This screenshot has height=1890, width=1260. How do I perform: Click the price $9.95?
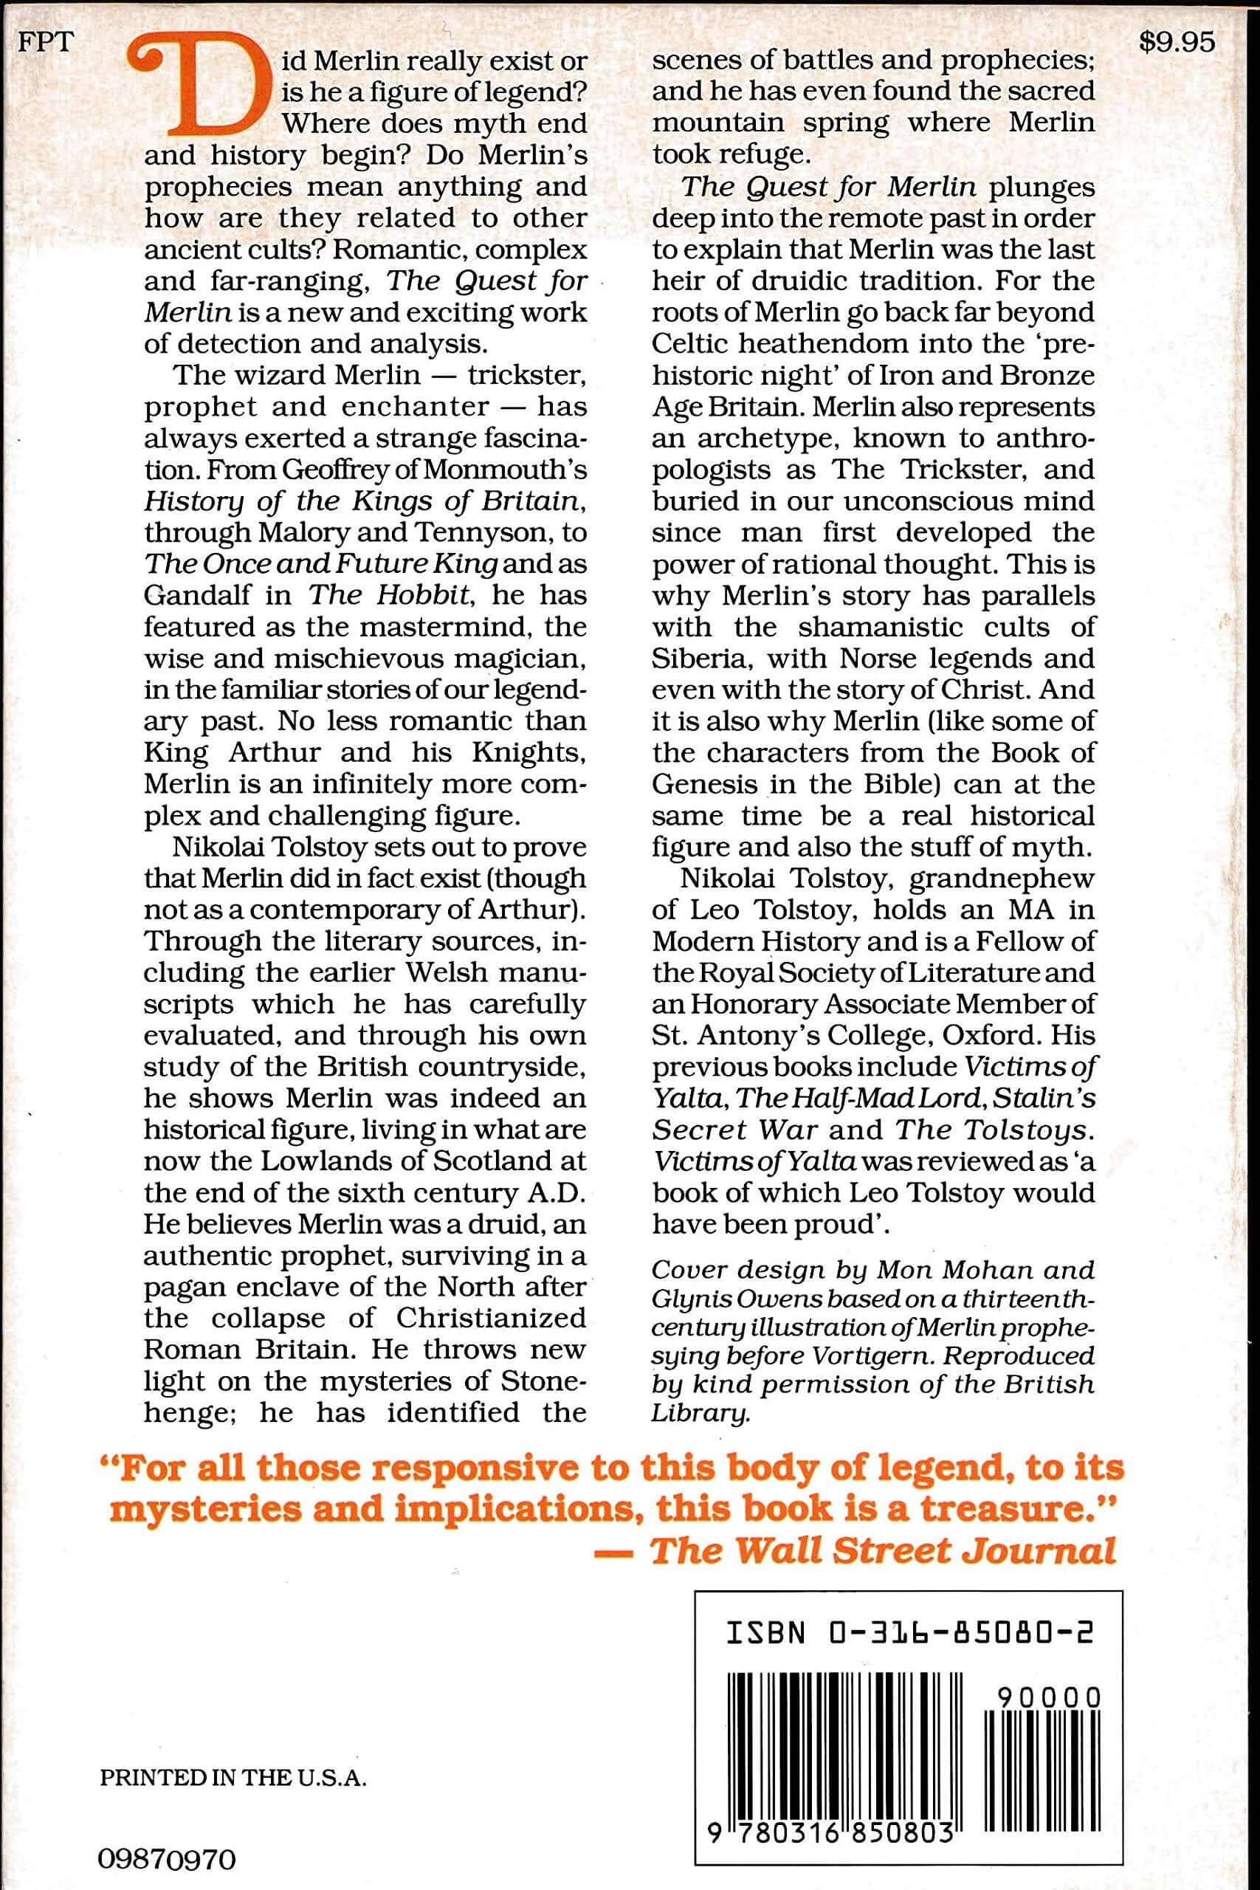click(x=1177, y=43)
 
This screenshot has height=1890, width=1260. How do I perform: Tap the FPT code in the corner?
click(x=45, y=43)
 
